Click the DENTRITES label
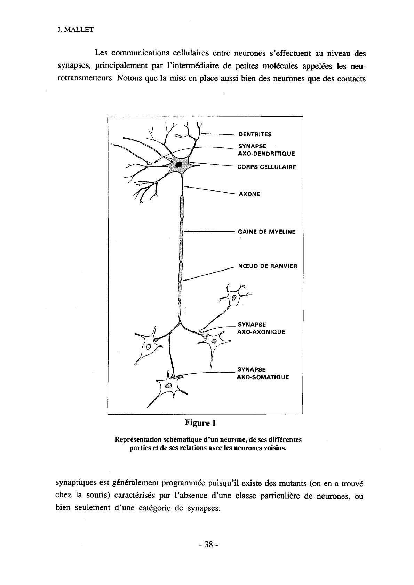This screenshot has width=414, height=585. click(255, 134)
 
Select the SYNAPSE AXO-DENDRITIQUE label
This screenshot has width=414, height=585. click(266, 150)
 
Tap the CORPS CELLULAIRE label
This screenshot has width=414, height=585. click(266, 167)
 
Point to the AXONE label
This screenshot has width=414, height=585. click(249, 194)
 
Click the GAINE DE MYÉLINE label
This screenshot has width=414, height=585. click(266, 232)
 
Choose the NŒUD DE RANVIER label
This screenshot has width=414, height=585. click(268, 266)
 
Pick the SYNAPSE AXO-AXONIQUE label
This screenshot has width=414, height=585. click(261, 328)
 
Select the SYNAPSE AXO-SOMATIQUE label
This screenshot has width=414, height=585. click(263, 373)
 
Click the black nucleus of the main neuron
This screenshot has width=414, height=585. click(179, 165)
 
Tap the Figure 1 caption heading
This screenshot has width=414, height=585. click(200, 423)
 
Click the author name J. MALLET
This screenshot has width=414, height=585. click(75, 30)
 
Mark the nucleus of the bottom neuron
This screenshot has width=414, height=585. click(168, 385)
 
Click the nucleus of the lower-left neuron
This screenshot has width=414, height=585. click(149, 347)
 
